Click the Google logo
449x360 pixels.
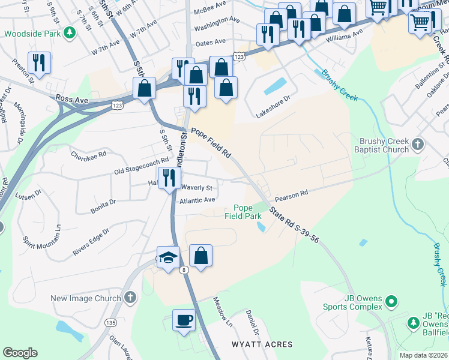tap(20, 353)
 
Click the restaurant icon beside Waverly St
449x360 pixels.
tap(169, 177)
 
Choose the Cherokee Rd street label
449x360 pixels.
tap(89, 154)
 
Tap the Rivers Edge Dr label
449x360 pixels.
tap(91, 242)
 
